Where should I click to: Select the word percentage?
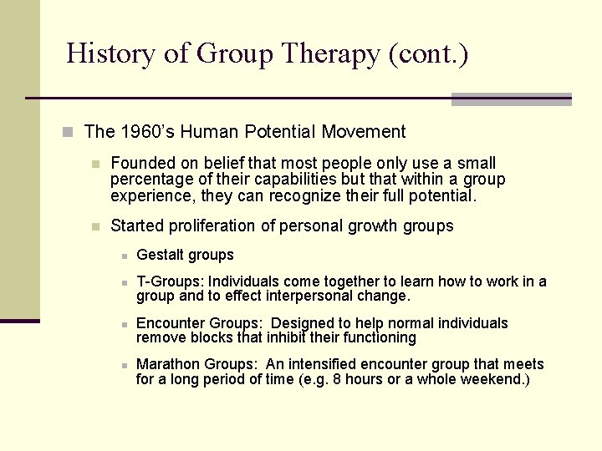click(x=150, y=180)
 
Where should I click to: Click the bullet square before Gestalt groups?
click(x=123, y=256)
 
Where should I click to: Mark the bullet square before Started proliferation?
click(x=96, y=226)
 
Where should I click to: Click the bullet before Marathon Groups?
click(x=123, y=365)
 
